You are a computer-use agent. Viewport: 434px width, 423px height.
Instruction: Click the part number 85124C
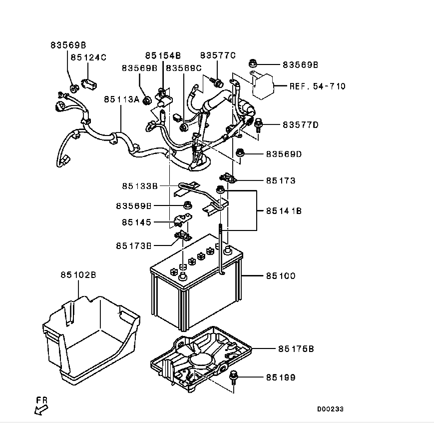pos(88,57)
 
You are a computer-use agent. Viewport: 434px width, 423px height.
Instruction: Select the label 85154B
pos(163,55)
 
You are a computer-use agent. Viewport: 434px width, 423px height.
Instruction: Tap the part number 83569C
pos(184,68)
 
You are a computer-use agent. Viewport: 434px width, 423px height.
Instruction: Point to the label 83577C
pos(218,55)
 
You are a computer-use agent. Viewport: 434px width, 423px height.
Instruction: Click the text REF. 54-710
pos(317,86)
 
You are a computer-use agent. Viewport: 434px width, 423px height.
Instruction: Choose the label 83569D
pos(284,153)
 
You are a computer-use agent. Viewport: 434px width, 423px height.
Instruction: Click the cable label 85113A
pos(122,99)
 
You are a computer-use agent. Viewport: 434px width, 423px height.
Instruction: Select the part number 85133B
pos(140,186)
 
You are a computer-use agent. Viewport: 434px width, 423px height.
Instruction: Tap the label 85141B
pos(284,211)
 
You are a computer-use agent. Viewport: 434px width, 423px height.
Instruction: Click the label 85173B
pos(134,245)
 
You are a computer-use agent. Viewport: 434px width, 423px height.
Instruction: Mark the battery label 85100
pos(280,275)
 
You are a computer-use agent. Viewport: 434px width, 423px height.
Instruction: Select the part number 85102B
pos(78,274)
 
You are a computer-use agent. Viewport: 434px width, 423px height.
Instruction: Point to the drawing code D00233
pos(330,409)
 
